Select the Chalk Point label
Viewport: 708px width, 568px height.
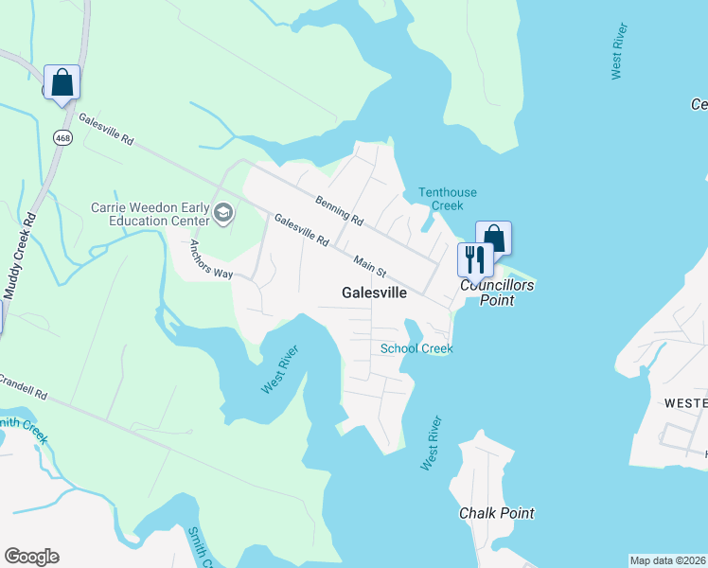tap(496, 513)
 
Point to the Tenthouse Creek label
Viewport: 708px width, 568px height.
tap(441, 199)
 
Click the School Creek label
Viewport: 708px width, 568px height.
tap(416, 348)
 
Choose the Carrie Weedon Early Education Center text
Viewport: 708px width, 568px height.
tap(150, 214)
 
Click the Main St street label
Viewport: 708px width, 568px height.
tap(370, 266)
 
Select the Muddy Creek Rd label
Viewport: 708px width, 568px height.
tap(19, 256)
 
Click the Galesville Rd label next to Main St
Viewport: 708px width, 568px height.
tap(301, 231)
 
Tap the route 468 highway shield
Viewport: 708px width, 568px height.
tap(62, 137)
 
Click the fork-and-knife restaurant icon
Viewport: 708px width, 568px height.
tap(475, 257)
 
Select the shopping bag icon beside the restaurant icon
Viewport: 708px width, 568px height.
tap(493, 237)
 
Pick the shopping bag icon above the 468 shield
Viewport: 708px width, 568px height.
tap(62, 81)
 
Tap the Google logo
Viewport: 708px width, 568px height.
tap(31, 557)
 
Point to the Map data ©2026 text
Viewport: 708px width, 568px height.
tap(668, 560)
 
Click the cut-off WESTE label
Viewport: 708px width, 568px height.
tap(685, 403)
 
